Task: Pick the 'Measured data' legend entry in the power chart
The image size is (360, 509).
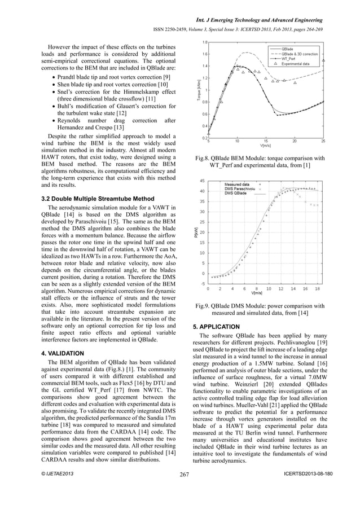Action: point(240,185)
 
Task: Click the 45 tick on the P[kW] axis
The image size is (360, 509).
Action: point(201,181)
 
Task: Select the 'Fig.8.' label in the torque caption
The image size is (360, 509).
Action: point(202,159)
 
